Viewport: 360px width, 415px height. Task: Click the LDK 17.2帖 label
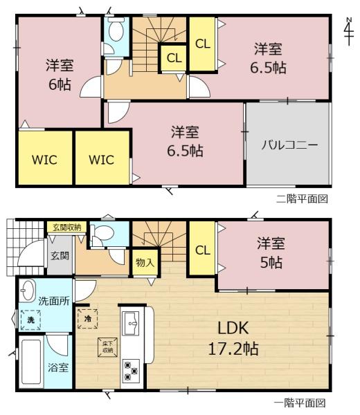233,338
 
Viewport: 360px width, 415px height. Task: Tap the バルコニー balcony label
289,145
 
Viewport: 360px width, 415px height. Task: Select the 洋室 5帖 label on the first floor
271,252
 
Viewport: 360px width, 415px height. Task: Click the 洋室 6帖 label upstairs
60,75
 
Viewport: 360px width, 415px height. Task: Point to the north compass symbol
349,31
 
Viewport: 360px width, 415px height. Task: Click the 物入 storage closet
145,263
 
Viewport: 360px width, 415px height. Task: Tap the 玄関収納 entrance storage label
66,228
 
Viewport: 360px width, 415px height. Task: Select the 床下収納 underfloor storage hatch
107,347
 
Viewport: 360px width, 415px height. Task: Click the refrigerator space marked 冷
88,319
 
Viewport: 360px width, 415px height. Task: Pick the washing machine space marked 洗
30,320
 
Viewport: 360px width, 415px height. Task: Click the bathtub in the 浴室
31,362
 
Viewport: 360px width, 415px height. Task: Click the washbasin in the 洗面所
27,290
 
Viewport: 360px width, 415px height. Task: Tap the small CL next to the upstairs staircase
174,58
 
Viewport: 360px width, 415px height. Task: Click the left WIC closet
44,160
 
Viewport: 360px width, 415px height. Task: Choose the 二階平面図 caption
302,199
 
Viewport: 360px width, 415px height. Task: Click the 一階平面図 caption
300,403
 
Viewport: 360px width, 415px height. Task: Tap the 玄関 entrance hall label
60,256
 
